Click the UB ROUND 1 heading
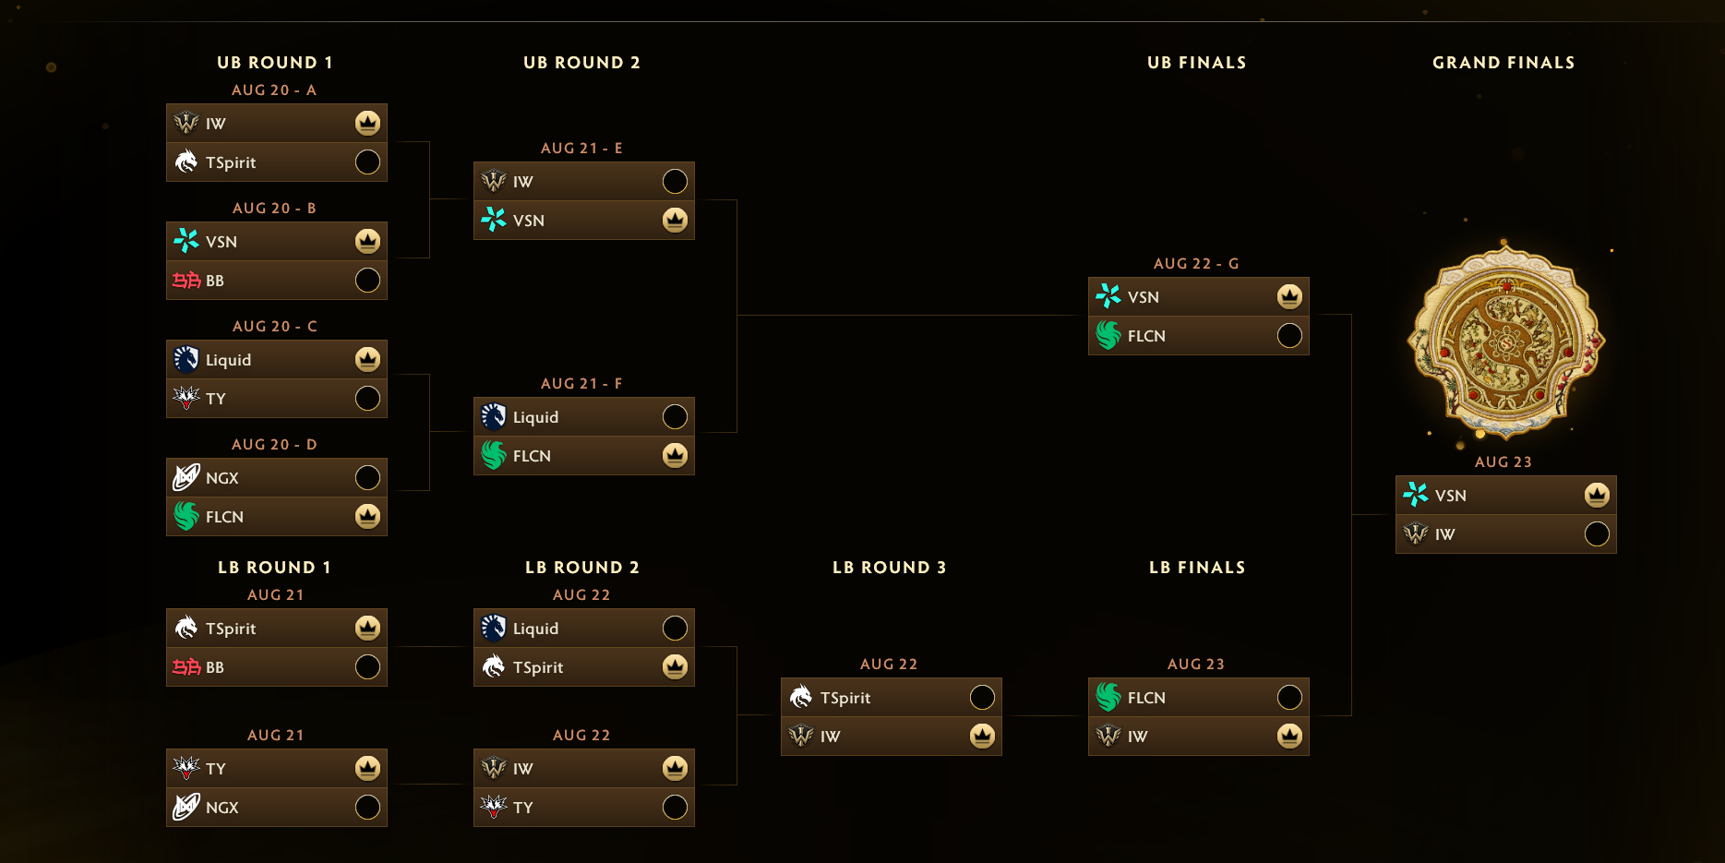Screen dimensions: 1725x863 coord(275,63)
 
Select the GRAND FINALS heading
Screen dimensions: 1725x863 coord(1503,63)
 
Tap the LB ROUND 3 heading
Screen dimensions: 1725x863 coord(889,568)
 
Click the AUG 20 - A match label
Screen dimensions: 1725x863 coord(274,90)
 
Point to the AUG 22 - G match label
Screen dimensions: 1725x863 coord(1196,264)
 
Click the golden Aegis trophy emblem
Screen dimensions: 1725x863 coord(1505,340)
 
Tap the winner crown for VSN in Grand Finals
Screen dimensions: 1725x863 coord(1597,496)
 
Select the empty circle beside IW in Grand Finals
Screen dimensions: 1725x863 coord(1597,534)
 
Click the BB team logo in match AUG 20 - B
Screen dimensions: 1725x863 coord(186,281)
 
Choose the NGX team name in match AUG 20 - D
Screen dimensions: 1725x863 coord(222,478)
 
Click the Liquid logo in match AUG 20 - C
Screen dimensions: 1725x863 coord(186,359)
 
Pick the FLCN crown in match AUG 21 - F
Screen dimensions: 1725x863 coord(675,456)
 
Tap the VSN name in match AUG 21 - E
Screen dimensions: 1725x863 coord(529,221)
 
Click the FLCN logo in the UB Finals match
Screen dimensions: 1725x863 coord(1108,336)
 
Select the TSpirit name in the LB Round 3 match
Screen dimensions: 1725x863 coord(845,698)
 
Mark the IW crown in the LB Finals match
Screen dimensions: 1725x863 coord(1289,737)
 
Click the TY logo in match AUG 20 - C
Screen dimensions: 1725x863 coord(186,398)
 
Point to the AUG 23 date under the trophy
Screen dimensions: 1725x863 coord(1503,462)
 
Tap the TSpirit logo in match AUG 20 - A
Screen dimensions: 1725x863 coord(186,162)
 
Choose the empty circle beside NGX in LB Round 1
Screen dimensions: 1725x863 coord(367,808)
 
